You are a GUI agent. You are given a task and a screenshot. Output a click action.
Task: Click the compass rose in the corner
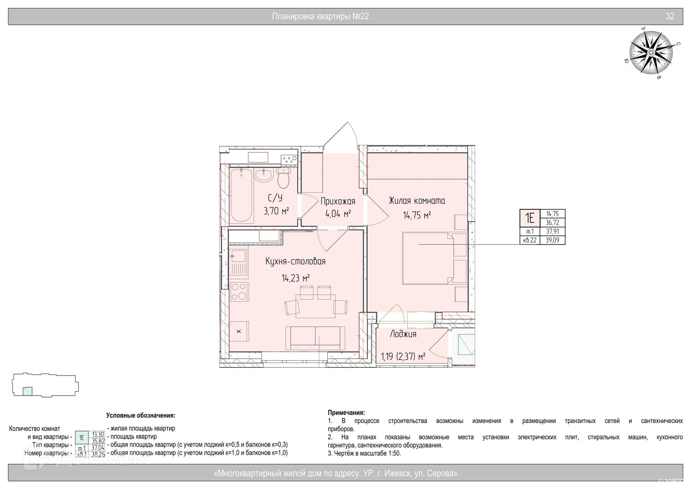point(651,53)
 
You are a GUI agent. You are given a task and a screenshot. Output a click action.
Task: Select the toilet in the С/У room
point(284,178)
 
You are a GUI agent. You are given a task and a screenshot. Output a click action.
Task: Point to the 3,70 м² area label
point(276,211)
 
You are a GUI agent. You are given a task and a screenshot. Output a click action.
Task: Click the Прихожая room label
point(338,201)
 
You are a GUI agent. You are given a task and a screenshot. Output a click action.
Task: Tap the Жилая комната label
point(417,201)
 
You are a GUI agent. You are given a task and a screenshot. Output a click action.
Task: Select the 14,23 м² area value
point(295,278)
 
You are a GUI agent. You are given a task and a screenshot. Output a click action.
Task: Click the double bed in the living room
point(435,258)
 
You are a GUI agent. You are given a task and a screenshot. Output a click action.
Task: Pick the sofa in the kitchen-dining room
point(315,338)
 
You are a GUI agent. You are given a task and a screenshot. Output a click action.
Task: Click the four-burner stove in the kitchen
point(239,292)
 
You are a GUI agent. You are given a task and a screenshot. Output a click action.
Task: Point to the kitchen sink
point(238,257)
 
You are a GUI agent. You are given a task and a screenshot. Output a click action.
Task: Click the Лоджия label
point(403,334)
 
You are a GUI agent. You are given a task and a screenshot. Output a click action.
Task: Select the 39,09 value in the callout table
point(552,240)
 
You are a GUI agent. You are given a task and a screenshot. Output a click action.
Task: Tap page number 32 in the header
point(670,16)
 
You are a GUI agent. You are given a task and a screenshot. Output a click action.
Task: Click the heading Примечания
point(346,413)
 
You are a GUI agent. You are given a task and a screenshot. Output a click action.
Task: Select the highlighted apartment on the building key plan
point(27,391)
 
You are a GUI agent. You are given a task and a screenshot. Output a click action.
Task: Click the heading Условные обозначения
point(141,415)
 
